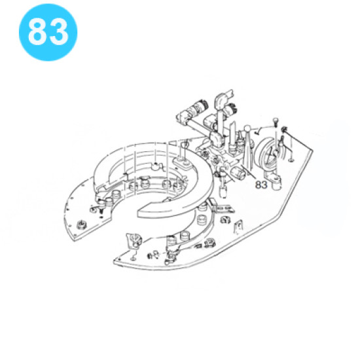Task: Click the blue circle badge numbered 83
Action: coord(48,32)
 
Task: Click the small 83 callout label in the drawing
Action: coord(261,185)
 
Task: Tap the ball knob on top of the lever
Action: coord(247,129)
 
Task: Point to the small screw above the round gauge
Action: coord(276,122)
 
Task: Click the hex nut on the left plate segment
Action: coord(81,225)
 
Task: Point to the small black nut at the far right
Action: coord(285,130)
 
